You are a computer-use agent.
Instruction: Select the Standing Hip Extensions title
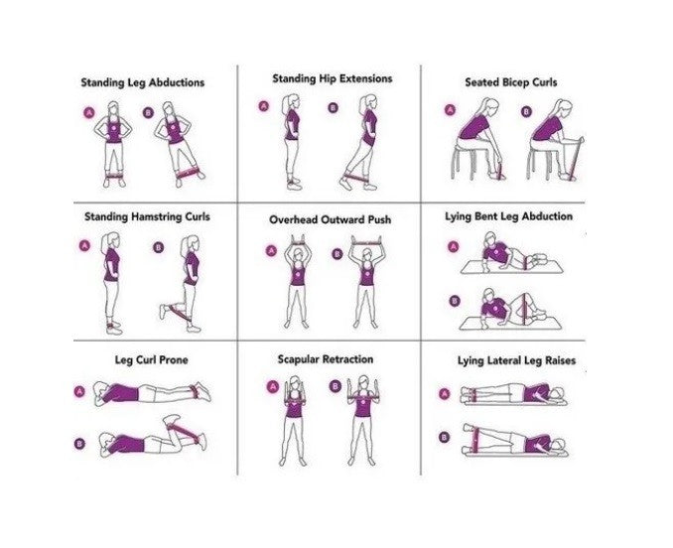pyautogui.click(x=319, y=78)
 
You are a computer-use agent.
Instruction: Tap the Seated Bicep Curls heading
pyautogui.click(x=510, y=82)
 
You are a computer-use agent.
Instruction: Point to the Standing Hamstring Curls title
pyautogui.click(x=147, y=215)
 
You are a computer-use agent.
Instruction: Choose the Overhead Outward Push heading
pyautogui.click(x=324, y=218)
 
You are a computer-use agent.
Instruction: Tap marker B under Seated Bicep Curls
pyautogui.click(x=526, y=112)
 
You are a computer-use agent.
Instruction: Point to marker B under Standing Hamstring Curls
pyautogui.click(x=158, y=247)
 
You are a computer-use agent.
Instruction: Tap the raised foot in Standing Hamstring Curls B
pyautogui.click(x=162, y=311)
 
